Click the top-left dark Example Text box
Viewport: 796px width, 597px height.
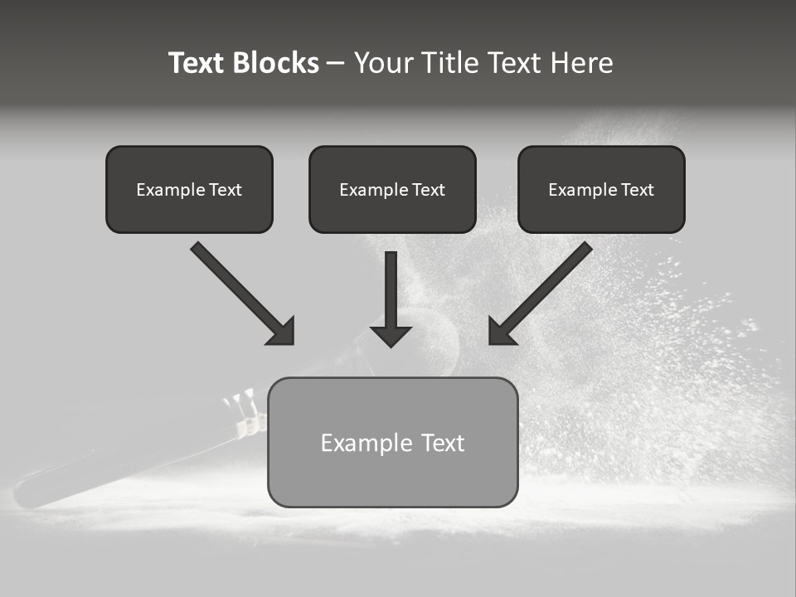[189, 189]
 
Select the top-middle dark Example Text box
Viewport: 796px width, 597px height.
[392, 189]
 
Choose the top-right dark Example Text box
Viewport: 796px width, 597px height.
[601, 189]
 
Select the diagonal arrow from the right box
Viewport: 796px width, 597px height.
[547, 286]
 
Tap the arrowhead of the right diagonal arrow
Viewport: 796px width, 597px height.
[501, 332]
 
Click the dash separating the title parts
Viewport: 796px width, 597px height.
[336, 63]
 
